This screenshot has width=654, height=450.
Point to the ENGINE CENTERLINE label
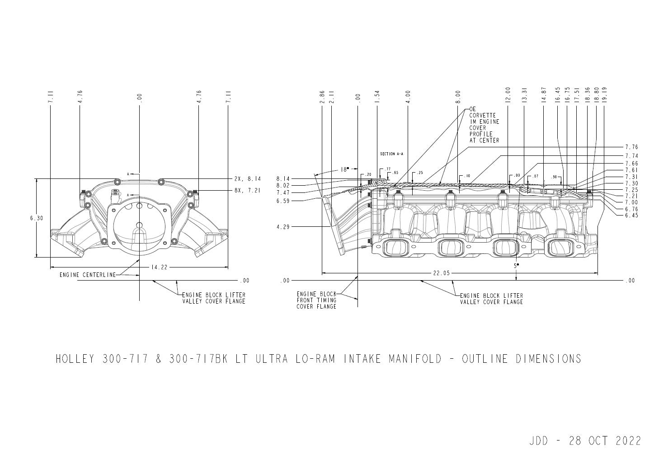87,275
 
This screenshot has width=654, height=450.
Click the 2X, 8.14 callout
247,179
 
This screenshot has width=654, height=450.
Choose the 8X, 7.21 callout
247,191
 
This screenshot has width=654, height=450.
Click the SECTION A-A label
391,154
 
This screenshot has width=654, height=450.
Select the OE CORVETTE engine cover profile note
484,125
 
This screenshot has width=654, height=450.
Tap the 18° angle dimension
344,169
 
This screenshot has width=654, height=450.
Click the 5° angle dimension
516,266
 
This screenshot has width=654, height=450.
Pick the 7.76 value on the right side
631,147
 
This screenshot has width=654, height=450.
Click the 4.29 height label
283,227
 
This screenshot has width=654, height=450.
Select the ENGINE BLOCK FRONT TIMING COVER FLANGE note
316,300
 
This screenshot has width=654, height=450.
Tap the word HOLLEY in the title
75,359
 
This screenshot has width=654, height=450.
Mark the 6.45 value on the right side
631,215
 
